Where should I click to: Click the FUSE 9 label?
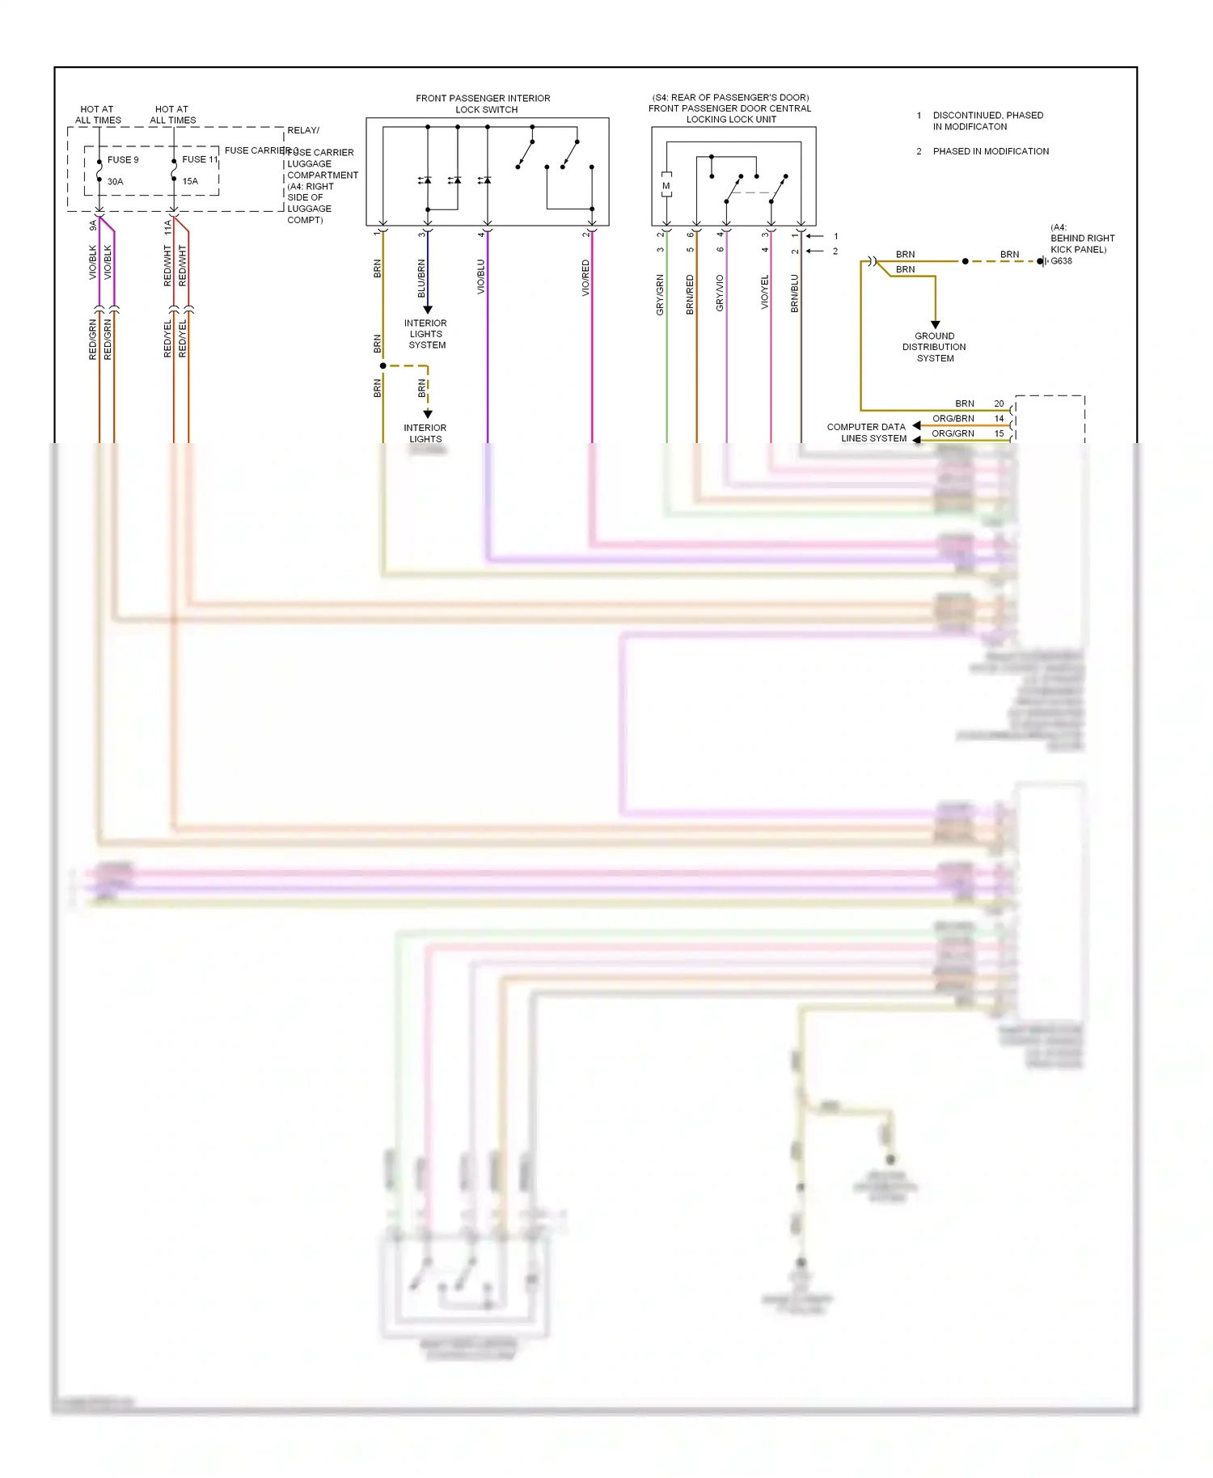pos(123,160)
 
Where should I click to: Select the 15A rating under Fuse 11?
pos(190,181)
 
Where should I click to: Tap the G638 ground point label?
pos(1061,261)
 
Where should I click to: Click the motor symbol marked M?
pos(666,186)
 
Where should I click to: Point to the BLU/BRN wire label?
pos(421,278)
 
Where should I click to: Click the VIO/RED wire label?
pos(585,278)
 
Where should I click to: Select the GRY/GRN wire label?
pos(660,294)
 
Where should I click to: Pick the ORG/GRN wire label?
pos(953,433)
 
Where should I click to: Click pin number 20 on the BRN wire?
pos(999,403)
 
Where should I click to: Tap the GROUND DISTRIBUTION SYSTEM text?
pos(934,347)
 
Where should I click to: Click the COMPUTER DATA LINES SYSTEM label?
pos(866,433)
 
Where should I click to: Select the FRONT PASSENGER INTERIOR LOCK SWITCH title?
pos(484,103)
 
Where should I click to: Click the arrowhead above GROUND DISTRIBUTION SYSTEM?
pos(936,324)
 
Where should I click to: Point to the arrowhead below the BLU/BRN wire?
pos(428,310)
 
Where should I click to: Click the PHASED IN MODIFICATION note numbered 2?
pos(991,151)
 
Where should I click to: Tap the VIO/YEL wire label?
pos(765,292)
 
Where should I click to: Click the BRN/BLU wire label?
pos(795,293)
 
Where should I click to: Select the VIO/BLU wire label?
pos(481,277)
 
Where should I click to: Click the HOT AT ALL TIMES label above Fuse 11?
pos(172,115)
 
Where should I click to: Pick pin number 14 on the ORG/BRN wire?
pos(999,419)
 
